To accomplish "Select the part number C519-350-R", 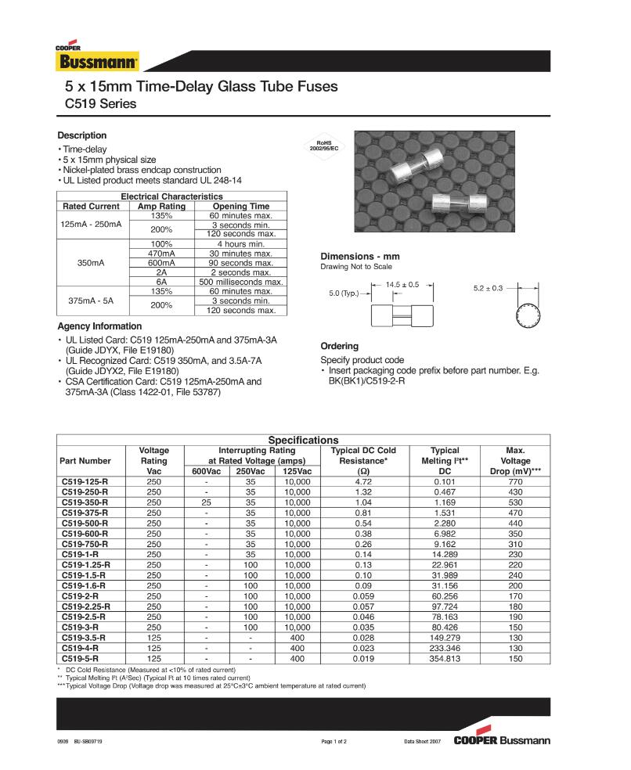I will [85, 502].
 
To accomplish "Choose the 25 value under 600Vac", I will [207, 502].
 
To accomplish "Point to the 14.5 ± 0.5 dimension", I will [402, 284].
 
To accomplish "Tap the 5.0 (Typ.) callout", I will [343, 294].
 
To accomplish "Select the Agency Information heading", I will [99, 326].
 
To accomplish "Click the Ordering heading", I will [340, 346].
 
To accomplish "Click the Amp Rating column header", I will [161, 207].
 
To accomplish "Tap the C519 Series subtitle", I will [100, 104].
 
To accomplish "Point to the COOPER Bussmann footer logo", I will [502, 739].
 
